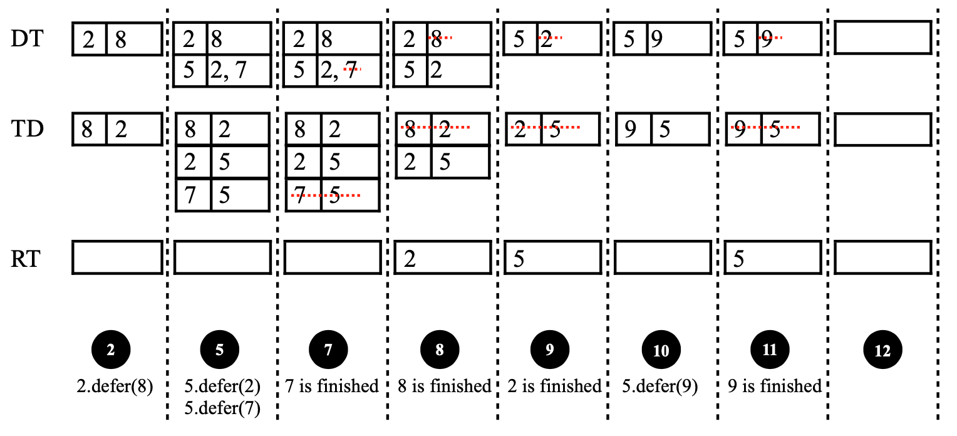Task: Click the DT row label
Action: [27, 39]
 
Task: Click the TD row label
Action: [28, 128]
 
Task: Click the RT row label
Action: [26, 259]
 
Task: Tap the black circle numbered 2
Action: [111, 350]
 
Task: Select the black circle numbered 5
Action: [220, 350]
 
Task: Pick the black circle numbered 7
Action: [329, 350]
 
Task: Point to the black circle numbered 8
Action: [440, 350]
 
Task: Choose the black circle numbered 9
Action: [550, 350]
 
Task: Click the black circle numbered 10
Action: [661, 350]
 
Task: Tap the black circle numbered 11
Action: [770, 350]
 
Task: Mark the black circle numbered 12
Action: [882, 350]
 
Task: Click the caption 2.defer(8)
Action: [115, 387]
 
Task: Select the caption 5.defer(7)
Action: [222, 408]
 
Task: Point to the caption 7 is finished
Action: [332, 386]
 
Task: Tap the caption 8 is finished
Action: [444, 386]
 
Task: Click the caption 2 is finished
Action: [554, 386]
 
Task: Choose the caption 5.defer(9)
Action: [660, 387]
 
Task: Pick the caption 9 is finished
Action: [775, 386]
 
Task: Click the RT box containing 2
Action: [443, 257]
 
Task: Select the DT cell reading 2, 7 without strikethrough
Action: [239, 71]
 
